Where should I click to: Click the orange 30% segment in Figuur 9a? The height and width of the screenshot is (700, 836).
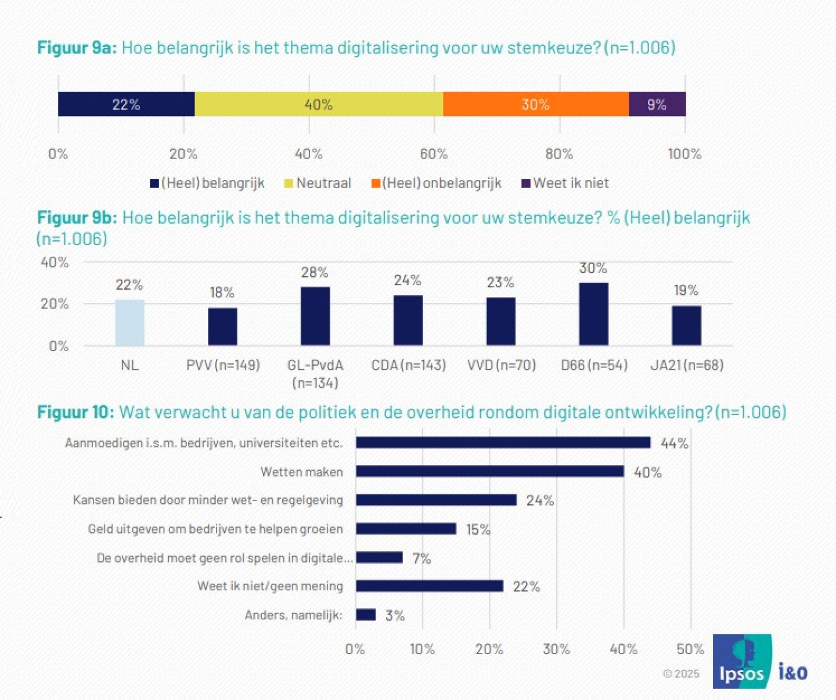point(535,104)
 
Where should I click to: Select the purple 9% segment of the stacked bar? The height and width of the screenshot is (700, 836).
point(657,104)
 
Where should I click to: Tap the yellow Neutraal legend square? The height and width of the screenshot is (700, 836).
point(289,183)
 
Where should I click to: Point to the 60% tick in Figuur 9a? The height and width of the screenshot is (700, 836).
point(434,154)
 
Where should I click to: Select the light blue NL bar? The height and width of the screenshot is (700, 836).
point(129,323)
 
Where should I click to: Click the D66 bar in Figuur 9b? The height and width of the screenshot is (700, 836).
point(593,314)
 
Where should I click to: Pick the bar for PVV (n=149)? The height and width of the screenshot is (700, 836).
point(222,327)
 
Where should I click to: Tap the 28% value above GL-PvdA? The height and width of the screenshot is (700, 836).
point(315,272)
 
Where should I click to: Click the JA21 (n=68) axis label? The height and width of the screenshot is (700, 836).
point(687,365)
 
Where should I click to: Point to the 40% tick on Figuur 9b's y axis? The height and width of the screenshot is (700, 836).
point(55,262)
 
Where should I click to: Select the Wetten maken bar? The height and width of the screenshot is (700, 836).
point(489,471)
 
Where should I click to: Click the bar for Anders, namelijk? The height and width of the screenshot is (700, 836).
point(366,615)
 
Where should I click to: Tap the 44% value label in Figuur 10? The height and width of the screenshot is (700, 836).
point(674,443)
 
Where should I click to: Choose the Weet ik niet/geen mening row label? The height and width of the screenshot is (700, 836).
point(270,586)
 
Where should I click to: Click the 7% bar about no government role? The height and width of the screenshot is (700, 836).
point(379,558)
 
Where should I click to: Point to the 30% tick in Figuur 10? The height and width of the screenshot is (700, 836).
point(556,649)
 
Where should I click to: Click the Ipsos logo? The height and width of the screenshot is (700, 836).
point(743,662)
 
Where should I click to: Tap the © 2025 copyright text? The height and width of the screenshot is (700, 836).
point(682,674)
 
